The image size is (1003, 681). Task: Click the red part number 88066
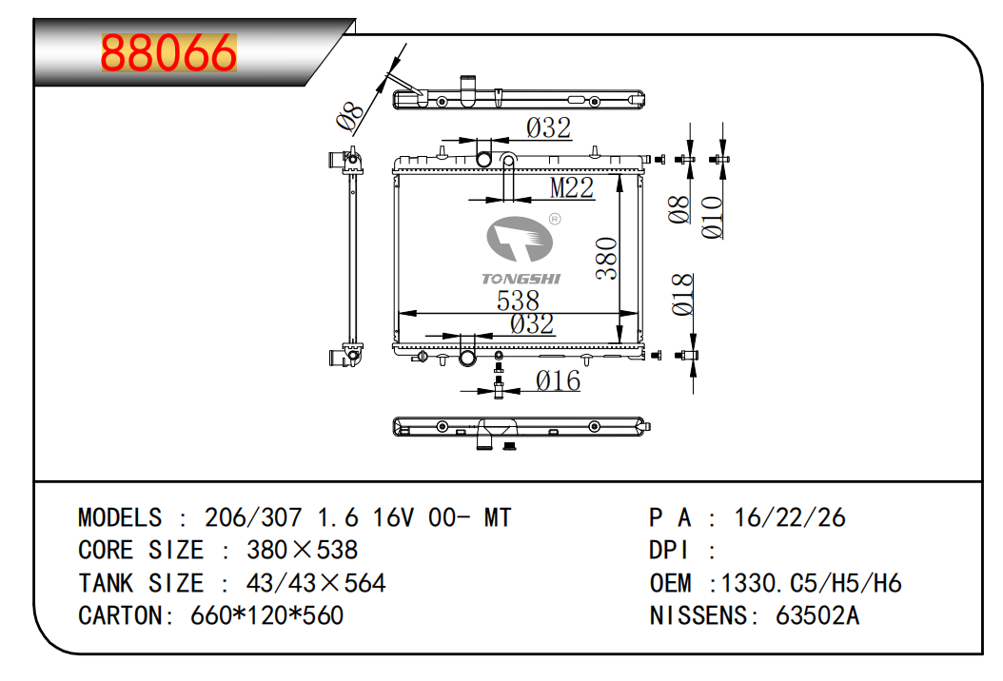pos(168,54)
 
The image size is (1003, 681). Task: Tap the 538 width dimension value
pos(519,302)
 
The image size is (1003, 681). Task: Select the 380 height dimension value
pos(607,259)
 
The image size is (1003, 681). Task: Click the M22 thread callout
pos(572,188)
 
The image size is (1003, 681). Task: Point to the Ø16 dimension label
pos(558,381)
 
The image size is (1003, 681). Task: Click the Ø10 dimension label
pos(713,217)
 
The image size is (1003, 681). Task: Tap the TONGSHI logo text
pos(521,279)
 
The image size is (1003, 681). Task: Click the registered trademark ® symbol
pos(555,219)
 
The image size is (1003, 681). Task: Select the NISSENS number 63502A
pos(817,615)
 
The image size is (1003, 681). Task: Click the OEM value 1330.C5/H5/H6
pos(811,582)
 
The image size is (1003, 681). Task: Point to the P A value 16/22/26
pos(789,517)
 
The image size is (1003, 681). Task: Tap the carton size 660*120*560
pos(267,615)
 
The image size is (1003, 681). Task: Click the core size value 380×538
pos(302,550)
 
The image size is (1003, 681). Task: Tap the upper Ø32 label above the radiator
pos(548,127)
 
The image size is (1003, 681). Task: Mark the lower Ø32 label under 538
pos(531,324)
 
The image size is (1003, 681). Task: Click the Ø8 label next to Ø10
pos(678,209)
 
